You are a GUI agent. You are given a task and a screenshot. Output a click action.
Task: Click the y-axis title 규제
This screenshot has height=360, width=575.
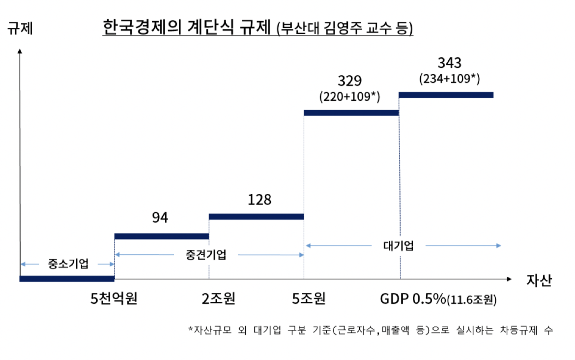tap(20, 28)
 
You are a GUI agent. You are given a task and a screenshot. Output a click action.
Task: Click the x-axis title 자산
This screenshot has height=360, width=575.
tap(539, 280)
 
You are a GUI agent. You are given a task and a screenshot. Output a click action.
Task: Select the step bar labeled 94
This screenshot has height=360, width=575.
tap(161, 237)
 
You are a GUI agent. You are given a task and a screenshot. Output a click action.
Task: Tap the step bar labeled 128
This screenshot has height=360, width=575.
tap(256, 216)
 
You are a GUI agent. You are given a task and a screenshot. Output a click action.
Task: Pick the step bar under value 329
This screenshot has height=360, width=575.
tap(351, 113)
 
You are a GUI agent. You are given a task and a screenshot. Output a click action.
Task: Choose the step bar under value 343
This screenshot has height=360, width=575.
tap(446, 94)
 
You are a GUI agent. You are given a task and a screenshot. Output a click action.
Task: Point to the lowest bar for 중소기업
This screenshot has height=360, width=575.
tap(67, 279)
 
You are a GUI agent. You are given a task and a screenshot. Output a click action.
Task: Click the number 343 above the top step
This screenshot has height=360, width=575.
tap(449, 63)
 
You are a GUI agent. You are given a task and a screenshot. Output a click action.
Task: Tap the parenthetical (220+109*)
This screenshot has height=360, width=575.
tap(349, 97)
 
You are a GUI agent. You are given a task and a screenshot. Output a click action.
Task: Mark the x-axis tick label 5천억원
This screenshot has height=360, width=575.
tap(114, 298)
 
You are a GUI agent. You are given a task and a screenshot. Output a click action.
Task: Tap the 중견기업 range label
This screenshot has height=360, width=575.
tap(206, 255)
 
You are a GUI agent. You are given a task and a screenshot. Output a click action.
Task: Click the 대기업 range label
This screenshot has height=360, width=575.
tap(398, 245)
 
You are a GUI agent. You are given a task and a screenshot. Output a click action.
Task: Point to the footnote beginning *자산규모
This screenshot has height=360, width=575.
tap(371, 330)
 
